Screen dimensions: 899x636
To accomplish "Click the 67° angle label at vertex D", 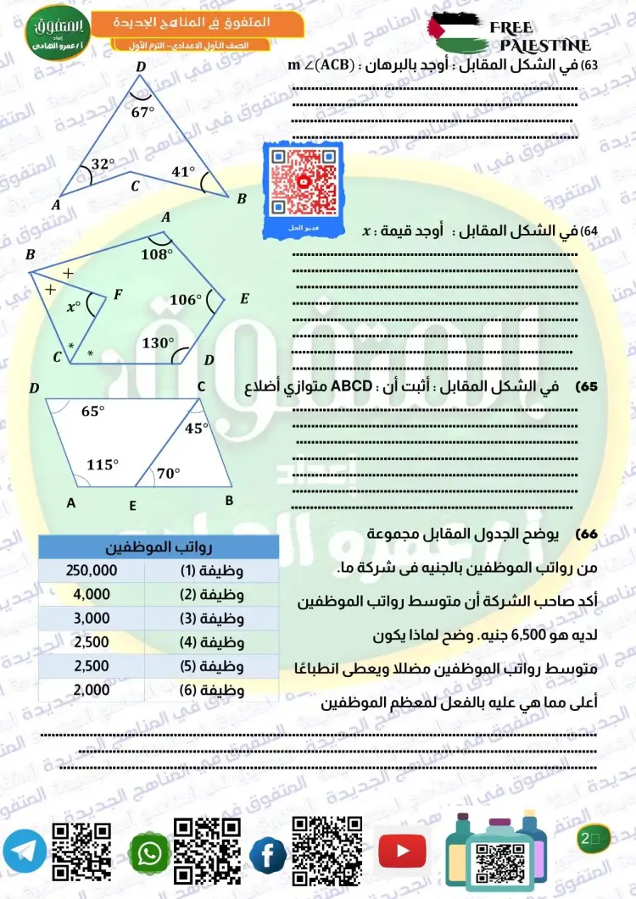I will [x=143, y=109].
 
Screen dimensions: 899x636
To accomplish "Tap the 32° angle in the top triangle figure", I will [x=103, y=164].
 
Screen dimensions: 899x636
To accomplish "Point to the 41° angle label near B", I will [x=183, y=171].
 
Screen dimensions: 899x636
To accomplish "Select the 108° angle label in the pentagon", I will [x=157, y=252].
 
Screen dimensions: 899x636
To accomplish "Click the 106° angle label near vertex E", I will [x=185, y=299].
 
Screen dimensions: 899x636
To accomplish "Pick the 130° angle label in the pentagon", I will [x=157, y=343].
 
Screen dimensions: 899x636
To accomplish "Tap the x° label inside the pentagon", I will [x=74, y=306].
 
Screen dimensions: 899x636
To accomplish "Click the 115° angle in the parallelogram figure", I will [x=103, y=464].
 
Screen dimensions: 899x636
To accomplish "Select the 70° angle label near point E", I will [x=168, y=474].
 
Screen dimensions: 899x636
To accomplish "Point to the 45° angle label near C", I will [x=196, y=428].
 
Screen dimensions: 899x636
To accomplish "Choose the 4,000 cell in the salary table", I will [x=92, y=594].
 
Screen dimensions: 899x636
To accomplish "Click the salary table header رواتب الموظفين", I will [x=159, y=547].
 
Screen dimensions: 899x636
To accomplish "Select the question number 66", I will [x=587, y=535].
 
